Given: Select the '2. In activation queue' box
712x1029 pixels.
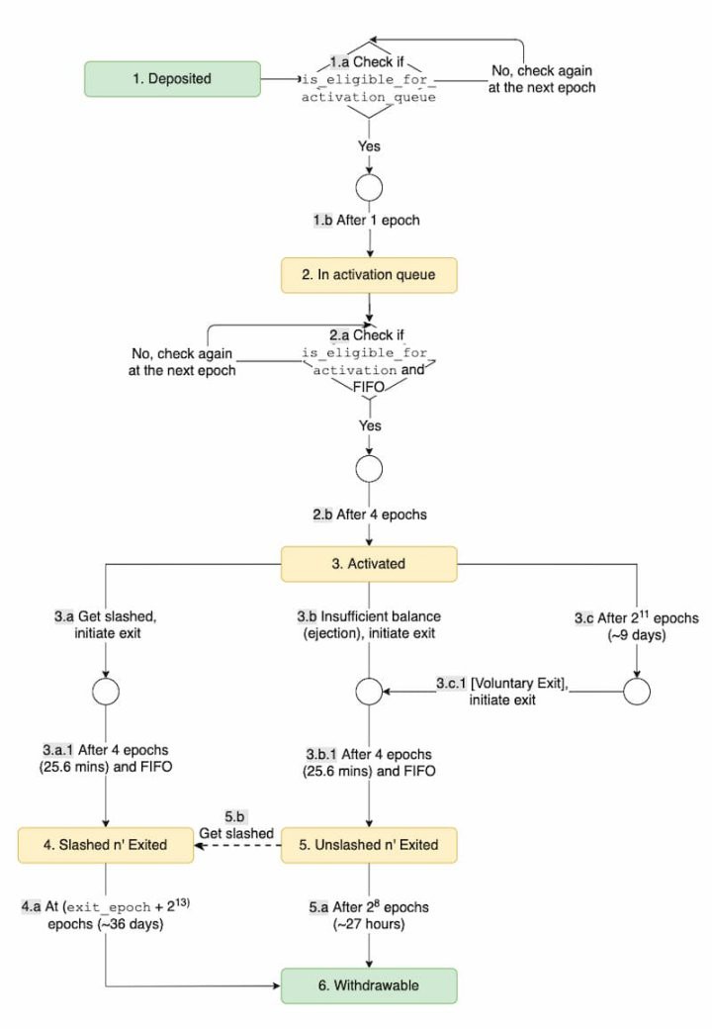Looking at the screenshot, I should point(369,274).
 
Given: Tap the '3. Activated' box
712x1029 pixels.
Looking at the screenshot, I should point(369,564).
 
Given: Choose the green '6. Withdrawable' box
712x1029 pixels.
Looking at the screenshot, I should point(369,985).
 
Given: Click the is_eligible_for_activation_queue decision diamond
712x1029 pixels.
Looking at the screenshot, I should point(368,79).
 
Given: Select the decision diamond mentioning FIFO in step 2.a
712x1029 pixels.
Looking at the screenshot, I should point(369,361).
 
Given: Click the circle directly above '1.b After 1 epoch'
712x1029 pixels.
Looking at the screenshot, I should point(368,185).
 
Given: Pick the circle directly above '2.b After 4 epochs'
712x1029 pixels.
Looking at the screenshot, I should point(368,468).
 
